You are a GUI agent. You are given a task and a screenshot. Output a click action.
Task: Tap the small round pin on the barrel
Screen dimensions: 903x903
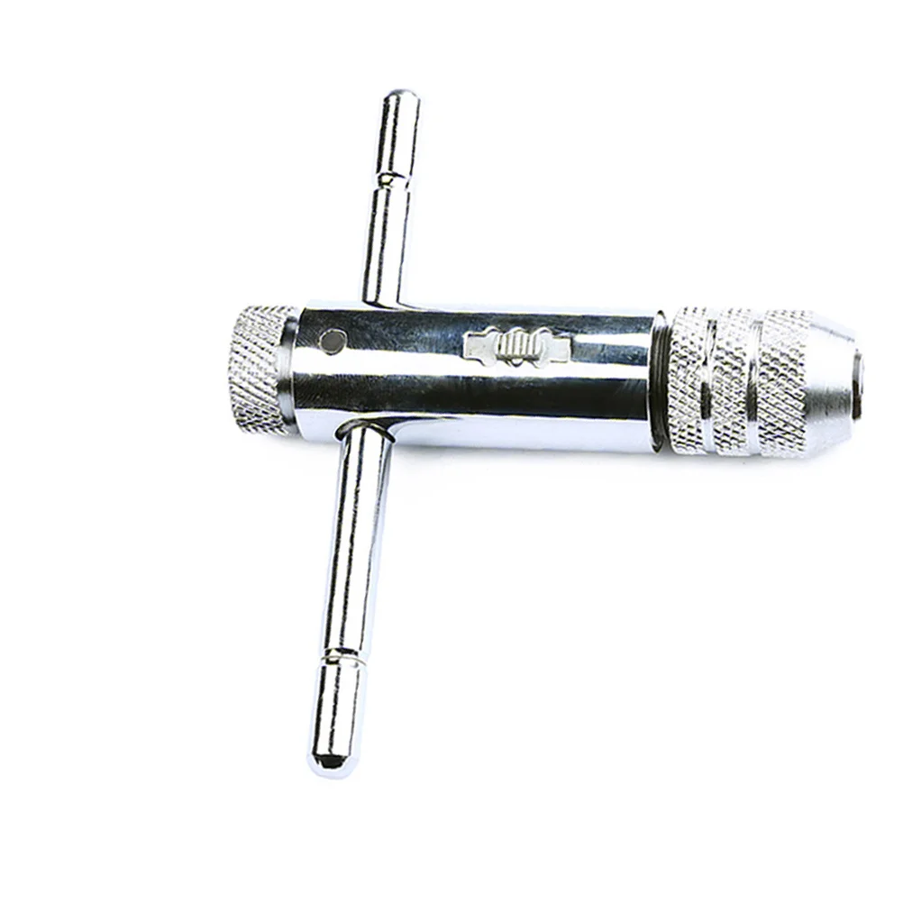click(334, 340)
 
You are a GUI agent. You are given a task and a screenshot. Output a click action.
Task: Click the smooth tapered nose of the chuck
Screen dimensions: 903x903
click(834, 379)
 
